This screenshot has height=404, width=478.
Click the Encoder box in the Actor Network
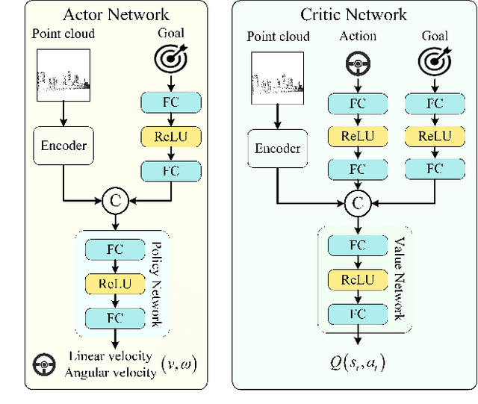click(63, 146)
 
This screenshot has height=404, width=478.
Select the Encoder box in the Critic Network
click(278, 148)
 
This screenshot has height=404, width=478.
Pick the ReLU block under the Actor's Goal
click(171, 136)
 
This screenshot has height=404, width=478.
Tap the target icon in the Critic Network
click(434, 58)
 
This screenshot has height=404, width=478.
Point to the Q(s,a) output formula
click(358, 364)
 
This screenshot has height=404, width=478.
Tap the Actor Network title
click(116, 14)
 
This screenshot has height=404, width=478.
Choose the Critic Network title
click(353, 14)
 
